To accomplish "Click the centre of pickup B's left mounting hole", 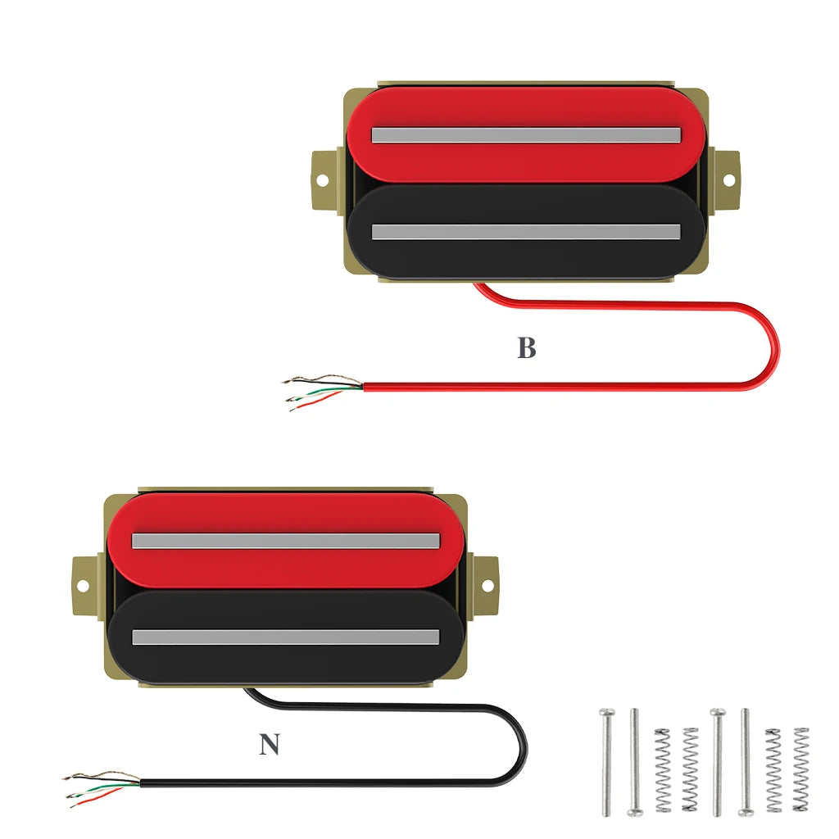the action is tap(322, 180).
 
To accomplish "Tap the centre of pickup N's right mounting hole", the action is tap(488, 585).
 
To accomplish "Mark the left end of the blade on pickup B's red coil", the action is tap(373, 135).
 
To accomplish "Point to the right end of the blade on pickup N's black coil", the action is tap(439, 637).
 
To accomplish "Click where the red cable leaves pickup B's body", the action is tap(474, 283).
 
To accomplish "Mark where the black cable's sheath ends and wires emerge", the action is tap(140, 783).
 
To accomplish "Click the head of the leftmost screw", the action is tap(607, 713).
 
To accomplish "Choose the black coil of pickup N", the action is tap(286, 636).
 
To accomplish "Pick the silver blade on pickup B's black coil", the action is tap(526, 232).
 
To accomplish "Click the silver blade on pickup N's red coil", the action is tap(286, 541).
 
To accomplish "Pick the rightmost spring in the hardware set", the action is tap(801, 769).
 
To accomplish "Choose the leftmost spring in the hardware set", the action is tap(662, 770).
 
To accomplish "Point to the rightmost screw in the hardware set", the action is tap(745, 762).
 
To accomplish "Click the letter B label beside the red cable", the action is tap(527, 347).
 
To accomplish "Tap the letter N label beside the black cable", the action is tap(269, 744).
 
